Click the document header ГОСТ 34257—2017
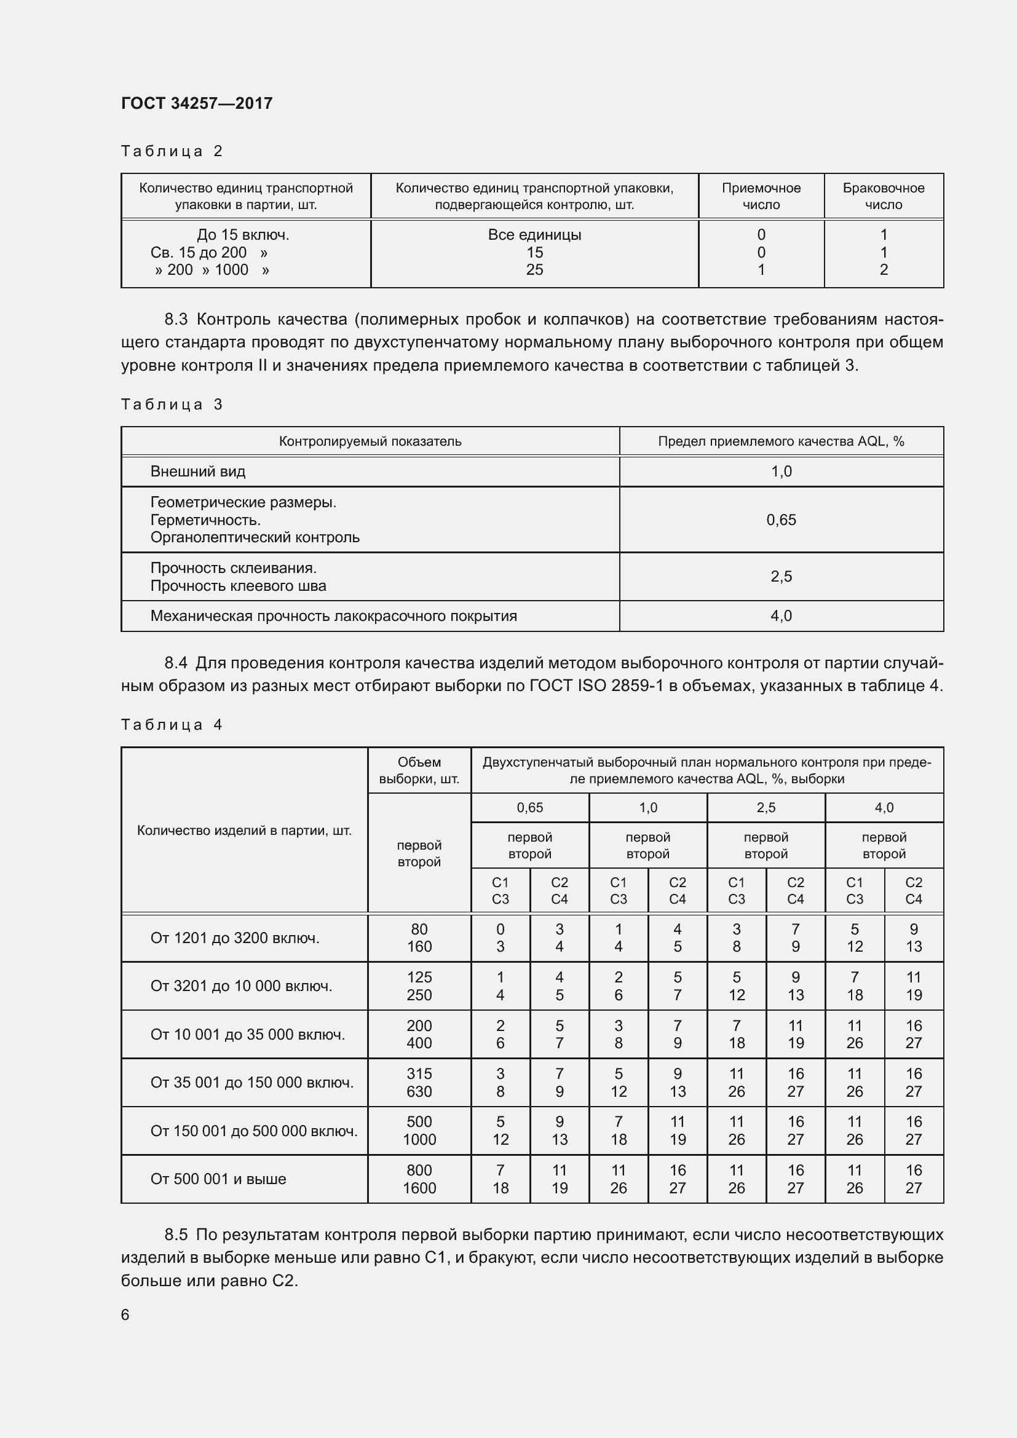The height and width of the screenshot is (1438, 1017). pyautogui.click(x=197, y=103)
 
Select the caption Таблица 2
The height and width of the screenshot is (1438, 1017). pyautogui.click(x=172, y=151)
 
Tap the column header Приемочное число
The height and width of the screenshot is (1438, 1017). pyautogui.click(x=761, y=196)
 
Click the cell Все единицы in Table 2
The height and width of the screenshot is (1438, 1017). pyautogui.click(x=534, y=235)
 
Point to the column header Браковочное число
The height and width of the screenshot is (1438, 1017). pyautogui.click(x=883, y=196)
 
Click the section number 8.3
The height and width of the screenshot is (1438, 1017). pyautogui.click(x=176, y=320)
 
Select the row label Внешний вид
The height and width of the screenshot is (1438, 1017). pyautogui.click(x=198, y=472)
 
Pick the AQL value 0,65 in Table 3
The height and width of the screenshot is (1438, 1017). pyautogui.click(x=781, y=520)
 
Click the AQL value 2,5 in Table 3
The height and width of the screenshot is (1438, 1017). pyautogui.click(x=781, y=576)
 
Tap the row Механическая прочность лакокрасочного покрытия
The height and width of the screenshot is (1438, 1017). pyautogui.click(x=334, y=615)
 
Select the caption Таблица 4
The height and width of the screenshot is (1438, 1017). pyautogui.click(x=172, y=725)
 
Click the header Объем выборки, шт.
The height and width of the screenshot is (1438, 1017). pyautogui.click(x=419, y=770)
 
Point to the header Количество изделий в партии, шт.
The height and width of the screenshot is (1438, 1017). pyautogui.click(x=244, y=831)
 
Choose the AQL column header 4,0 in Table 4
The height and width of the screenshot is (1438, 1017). pyautogui.click(x=884, y=808)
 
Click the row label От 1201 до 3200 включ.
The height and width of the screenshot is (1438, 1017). pyautogui.click(x=235, y=938)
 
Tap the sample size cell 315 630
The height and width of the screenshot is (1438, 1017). pyautogui.click(x=419, y=1082)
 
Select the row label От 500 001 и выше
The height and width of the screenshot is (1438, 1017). pyautogui.click(x=218, y=1179)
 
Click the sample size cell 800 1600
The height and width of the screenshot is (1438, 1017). pyautogui.click(x=419, y=1179)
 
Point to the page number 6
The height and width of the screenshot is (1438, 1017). pyautogui.click(x=125, y=1314)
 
